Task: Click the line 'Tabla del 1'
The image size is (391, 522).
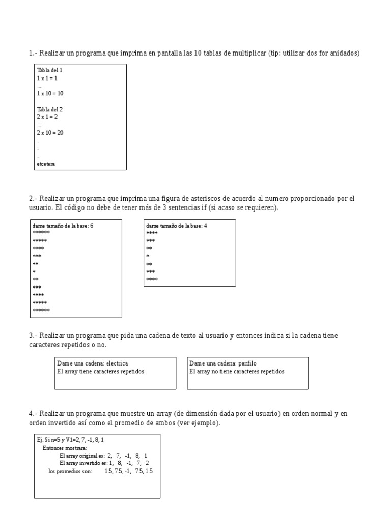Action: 49,70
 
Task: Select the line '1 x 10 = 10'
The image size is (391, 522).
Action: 49,94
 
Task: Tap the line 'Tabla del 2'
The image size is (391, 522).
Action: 49,109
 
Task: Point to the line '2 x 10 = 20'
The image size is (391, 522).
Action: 49,133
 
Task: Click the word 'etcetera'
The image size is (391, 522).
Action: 46,164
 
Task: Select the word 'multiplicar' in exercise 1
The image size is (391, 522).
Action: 249,53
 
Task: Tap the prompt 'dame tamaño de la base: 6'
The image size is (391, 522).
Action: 63,225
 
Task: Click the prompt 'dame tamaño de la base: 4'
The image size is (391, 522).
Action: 176,225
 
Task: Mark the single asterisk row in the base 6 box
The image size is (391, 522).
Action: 34,272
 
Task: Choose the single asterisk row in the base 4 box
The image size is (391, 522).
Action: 148,256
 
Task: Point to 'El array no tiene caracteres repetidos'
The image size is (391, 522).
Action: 237,371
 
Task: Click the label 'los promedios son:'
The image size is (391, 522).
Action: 70,472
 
